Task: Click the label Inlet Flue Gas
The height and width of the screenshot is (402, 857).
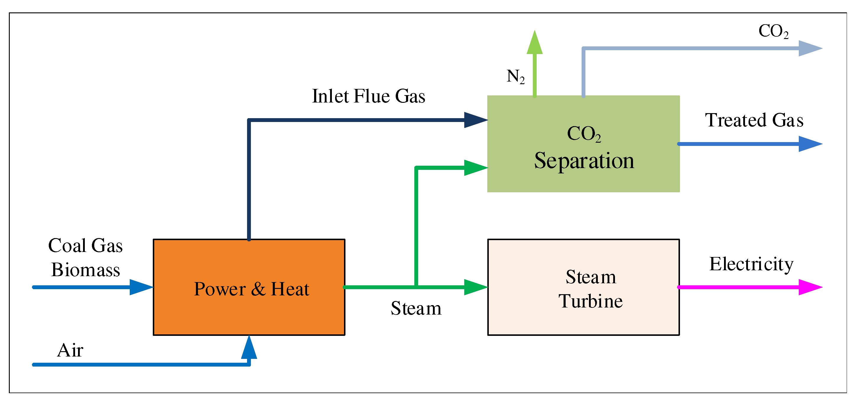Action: (x=368, y=96)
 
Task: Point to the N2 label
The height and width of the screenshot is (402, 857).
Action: (x=515, y=77)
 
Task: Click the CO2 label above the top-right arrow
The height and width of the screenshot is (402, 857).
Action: (x=773, y=31)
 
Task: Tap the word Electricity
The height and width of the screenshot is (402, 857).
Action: (x=751, y=264)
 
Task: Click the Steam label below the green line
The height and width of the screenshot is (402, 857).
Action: (x=416, y=308)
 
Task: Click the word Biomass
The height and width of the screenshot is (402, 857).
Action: (x=85, y=270)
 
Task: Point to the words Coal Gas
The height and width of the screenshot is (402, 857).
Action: (x=85, y=246)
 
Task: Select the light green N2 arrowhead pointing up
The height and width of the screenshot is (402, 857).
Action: (x=534, y=43)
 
